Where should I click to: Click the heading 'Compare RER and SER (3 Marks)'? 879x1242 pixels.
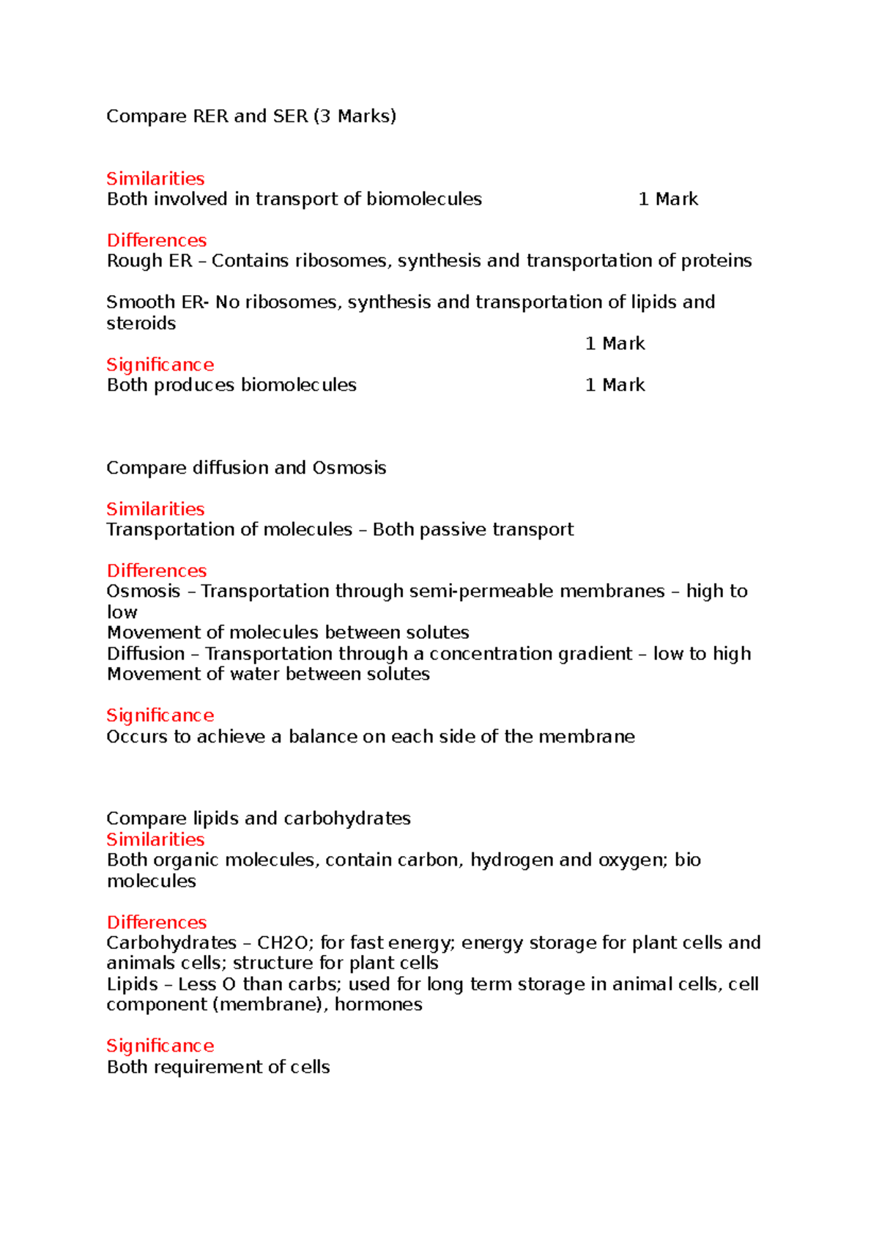(251, 116)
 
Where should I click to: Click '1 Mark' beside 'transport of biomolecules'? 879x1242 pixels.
(668, 199)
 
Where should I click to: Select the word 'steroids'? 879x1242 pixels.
(141, 324)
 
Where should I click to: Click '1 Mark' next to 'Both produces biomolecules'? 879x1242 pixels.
(615, 385)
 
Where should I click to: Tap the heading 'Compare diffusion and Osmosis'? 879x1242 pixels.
(246, 468)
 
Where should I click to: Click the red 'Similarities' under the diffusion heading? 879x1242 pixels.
(155, 509)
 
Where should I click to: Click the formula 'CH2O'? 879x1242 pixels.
(283, 942)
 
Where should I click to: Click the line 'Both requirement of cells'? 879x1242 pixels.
(218, 1067)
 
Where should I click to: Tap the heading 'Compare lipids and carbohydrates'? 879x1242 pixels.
(259, 819)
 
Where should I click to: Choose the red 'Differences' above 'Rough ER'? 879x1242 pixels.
(157, 241)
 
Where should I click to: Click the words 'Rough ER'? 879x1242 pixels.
(149, 261)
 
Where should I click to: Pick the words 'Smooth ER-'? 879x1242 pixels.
(157, 302)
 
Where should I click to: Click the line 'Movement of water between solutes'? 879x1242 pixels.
(268, 674)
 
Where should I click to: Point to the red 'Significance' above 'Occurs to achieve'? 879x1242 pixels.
(160, 715)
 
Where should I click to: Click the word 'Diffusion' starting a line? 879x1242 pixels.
(146, 654)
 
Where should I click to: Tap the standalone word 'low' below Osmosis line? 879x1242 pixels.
(122, 612)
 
